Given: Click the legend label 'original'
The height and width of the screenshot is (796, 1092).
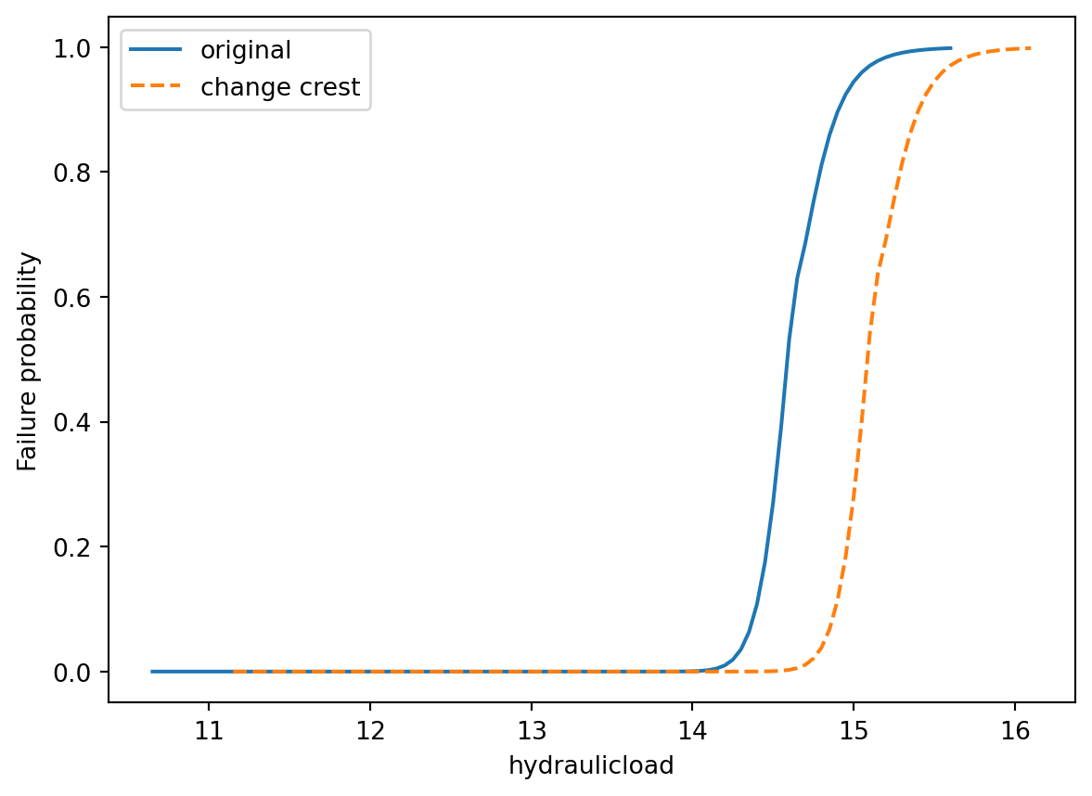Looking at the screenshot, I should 246,50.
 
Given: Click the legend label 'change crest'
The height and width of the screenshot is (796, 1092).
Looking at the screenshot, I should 280,88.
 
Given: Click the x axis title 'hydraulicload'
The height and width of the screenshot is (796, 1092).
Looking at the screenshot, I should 591,766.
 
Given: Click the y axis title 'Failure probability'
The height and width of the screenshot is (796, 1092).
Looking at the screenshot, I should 30,361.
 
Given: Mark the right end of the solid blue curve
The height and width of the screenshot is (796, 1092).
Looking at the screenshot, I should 951,48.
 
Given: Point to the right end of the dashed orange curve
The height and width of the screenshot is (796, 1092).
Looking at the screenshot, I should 1031,48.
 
